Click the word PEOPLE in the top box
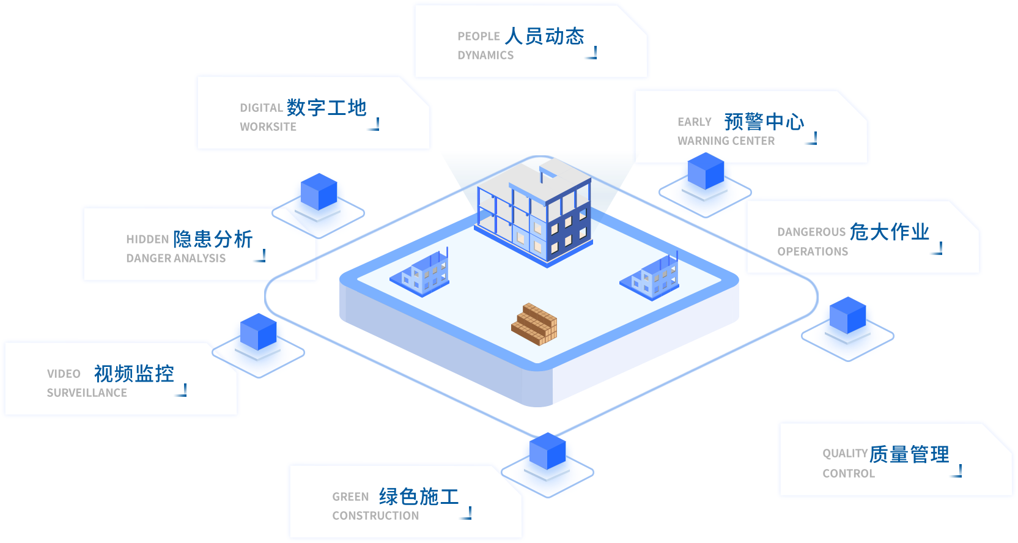(478, 37)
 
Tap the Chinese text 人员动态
(544, 36)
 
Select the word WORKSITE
(268, 127)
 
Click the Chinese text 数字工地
(326, 108)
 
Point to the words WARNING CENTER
(726, 141)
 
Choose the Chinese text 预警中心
(764, 122)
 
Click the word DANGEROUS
(811, 232)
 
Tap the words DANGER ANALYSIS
(175, 259)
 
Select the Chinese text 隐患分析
(212, 239)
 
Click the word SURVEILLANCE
(87, 393)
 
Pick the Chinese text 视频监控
(134, 374)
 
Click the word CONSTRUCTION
(375, 516)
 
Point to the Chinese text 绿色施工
(418, 497)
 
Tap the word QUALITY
(844, 454)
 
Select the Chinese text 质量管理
(909, 454)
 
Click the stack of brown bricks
(534, 324)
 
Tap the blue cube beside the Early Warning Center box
(706, 172)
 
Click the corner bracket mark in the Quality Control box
(956, 471)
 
